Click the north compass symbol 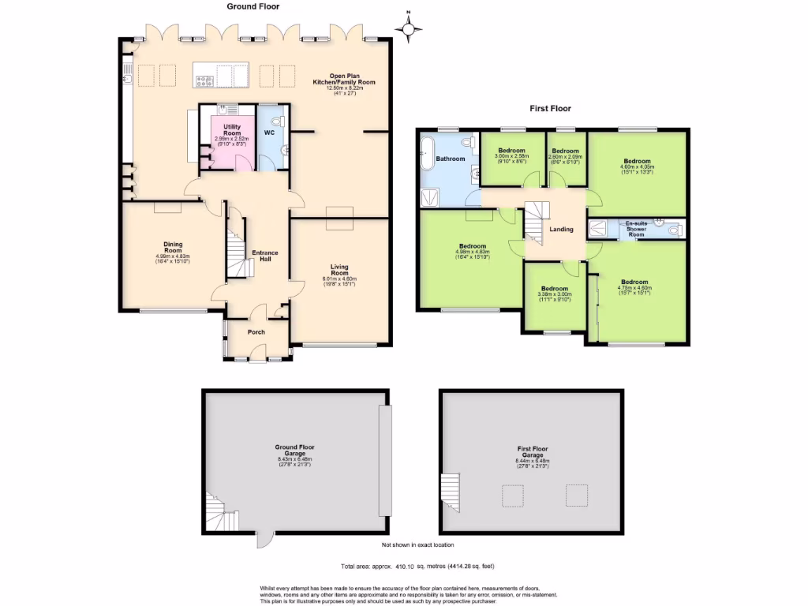[408, 30]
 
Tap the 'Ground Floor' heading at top [253, 6]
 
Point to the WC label [269, 133]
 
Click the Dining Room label [174, 247]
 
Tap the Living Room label [339, 270]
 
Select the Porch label [256, 332]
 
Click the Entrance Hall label [264, 256]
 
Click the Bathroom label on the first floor [451, 159]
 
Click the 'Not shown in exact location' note [417, 545]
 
